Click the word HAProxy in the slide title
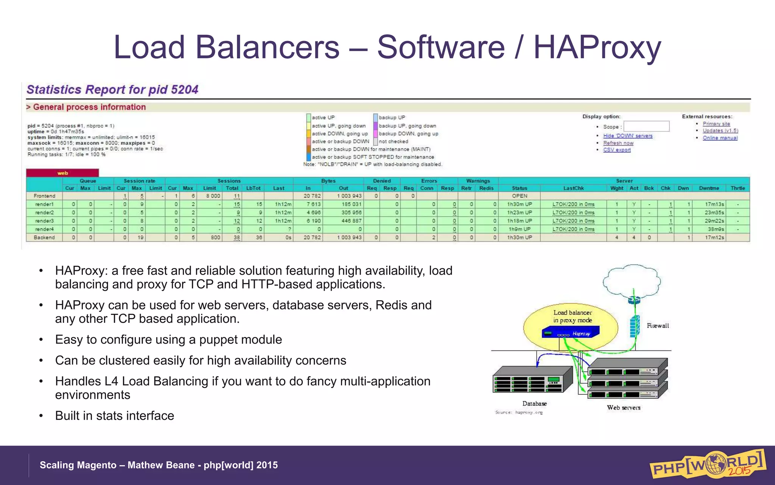[597, 47]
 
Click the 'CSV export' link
[617, 150]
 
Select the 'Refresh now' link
[618, 143]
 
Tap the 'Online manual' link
[720, 138]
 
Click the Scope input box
[646, 126]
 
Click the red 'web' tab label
[62, 173]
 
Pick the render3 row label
[44, 221]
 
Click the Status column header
[519, 188]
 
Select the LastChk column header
[573, 188]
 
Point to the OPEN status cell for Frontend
[519, 196]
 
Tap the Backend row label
[44, 238]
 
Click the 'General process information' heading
[89, 107]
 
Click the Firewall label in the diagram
[658, 325]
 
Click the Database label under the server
[534, 404]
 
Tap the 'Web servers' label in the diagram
[624, 408]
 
